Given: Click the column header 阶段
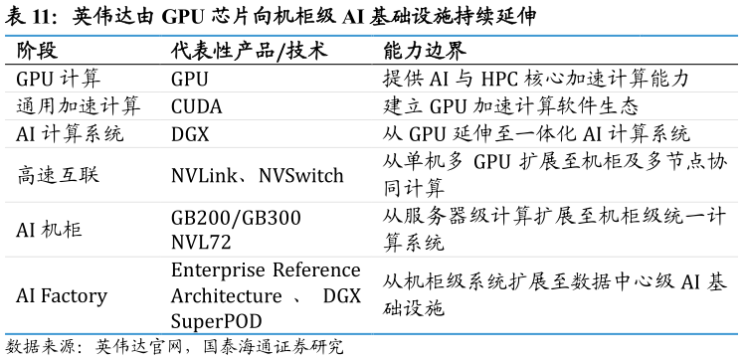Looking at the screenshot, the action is pos(37,51).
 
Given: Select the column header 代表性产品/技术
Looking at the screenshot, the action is pos(249,51).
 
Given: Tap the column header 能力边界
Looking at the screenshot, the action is pos(425,51).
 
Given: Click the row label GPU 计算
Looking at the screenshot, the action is pos(59,79).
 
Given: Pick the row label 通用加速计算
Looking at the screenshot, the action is pos(79,106).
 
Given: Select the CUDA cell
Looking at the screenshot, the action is pos(196,106).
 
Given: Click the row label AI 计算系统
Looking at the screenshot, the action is pos(70,134).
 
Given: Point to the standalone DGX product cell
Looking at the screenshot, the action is pos(190,134).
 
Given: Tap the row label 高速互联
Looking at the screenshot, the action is pos(58,175).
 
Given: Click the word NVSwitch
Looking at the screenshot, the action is pos(300,175).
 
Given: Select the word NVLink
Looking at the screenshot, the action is pos(204,175).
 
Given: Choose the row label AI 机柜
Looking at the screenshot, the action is pos(49,230).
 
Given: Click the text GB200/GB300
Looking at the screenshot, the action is pos(236,218).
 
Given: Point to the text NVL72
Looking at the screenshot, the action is pos(201,243).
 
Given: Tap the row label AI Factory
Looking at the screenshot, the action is pos(62,296).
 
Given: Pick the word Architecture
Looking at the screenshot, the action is pos(227,296).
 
